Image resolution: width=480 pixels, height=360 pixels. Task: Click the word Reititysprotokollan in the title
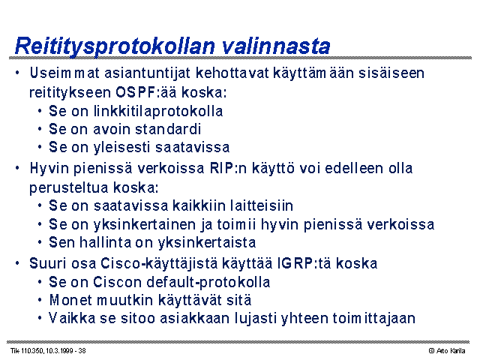click(x=115, y=46)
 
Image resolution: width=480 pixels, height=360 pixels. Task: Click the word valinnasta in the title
click(x=275, y=45)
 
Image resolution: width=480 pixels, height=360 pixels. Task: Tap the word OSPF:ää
click(x=146, y=91)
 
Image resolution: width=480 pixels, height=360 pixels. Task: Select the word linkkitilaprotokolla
click(x=158, y=111)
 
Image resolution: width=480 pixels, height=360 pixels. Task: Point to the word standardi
click(x=168, y=129)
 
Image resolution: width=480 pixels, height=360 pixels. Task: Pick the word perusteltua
click(x=69, y=188)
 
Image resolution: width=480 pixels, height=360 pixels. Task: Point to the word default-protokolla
click(x=208, y=282)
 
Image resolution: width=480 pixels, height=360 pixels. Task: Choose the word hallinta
click(x=105, y=242)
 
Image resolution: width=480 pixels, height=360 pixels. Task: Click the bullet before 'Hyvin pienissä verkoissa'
click(x=17, y=168)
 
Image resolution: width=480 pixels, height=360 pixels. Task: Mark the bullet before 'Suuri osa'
click(x=17, y=263)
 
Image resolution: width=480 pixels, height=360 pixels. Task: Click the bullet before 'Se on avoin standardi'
click(x=40, y=129)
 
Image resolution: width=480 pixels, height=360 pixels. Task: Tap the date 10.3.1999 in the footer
click(x=59, y=351)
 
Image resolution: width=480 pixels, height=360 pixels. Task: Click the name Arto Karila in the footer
click(x=451, y=351)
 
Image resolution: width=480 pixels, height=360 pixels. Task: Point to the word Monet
click(x=70, y=300)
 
